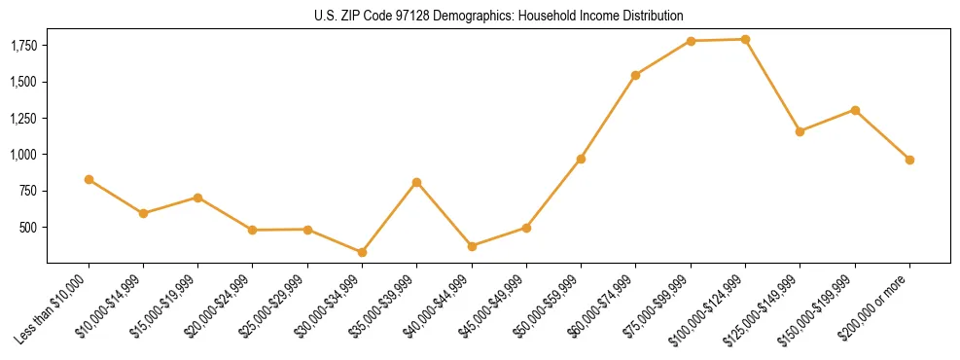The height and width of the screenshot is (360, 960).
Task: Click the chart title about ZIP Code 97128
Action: [499, 16]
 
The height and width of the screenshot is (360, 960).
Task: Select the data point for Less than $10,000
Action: [89, 179]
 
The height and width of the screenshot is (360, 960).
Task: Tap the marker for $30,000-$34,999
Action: [362, 252]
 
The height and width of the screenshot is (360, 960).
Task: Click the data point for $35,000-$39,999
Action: [416, 182]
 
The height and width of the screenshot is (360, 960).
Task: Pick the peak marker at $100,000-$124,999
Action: [745, 39]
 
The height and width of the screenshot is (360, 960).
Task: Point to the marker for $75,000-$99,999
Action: [691, 41]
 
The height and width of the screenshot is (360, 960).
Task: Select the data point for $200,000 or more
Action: [909, 160]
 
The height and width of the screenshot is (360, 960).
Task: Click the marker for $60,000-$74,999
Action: [635, 75]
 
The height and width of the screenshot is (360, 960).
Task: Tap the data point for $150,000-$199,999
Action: [855, 110]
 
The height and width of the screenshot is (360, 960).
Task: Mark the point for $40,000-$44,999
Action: [472, 246]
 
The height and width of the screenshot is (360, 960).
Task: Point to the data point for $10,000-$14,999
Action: [143, 213]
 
